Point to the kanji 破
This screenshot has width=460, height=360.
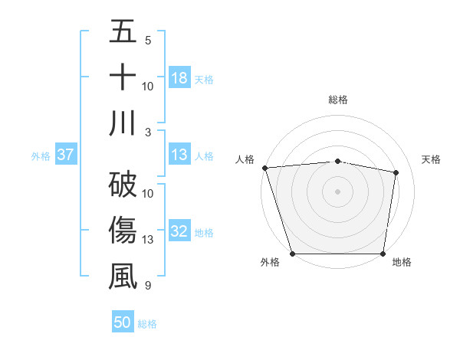123,185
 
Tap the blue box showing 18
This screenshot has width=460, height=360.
179,78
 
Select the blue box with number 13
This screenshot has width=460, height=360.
179,155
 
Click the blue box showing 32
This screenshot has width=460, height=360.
179,232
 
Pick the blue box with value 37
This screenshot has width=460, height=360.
65,155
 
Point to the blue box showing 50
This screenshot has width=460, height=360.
123,323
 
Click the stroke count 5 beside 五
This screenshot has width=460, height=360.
148,40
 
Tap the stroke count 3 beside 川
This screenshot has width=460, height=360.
148,132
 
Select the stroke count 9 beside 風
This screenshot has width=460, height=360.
148,286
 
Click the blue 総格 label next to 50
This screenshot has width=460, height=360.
147,324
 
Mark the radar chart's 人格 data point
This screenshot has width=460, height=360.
264,167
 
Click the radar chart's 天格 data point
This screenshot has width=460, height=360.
396,173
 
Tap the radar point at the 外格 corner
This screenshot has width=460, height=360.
292,254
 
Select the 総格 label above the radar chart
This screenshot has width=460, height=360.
337,100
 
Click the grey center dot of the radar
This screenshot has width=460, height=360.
337,191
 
